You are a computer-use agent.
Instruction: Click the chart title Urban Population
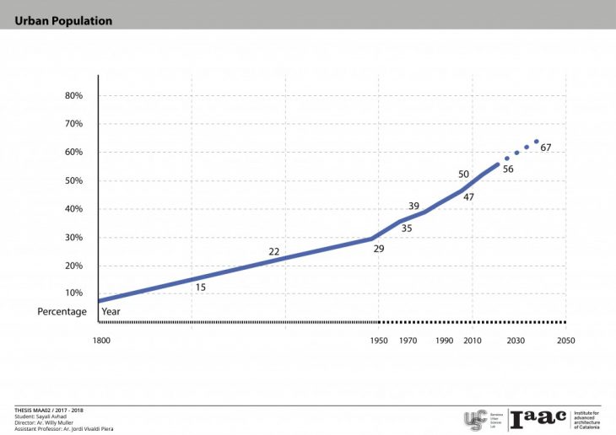[x=63, y=21]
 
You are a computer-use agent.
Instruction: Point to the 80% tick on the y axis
[x=73, y=96]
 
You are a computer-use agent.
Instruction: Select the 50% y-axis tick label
[x=73, y=181]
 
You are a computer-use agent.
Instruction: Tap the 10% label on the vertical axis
[x=73, y=293]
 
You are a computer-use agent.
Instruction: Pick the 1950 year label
[x=379, y=341]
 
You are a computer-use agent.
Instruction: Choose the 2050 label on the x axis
[x=565, y=341]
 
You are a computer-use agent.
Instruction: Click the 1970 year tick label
[x=408, y=341]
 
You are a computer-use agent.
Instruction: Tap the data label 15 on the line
[x=201, y=287]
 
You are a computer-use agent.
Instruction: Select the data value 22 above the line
[x=274, y=252]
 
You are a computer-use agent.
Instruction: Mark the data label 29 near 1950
[x=379, y=249]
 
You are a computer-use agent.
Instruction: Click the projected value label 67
[x=546, y=148]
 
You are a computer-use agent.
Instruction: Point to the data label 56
[x=508, y=169]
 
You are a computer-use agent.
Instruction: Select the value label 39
[x=413, y=207]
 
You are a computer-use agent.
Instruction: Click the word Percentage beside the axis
[x=62, y=312]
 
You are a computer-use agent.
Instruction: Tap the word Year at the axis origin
[x=111, y=312]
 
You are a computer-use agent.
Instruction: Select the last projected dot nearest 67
[x=537, y=142]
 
